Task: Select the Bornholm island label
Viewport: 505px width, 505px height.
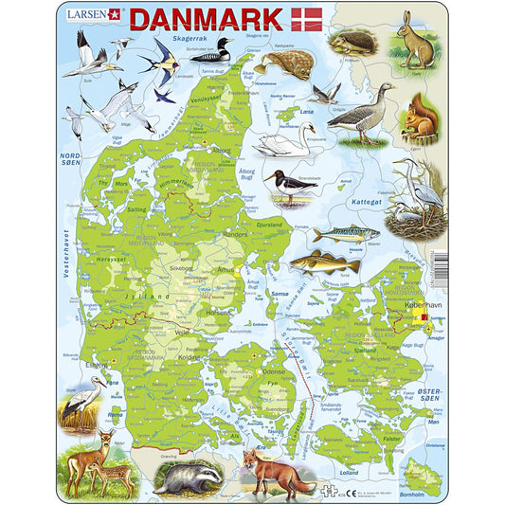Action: [x=426, y=492]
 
